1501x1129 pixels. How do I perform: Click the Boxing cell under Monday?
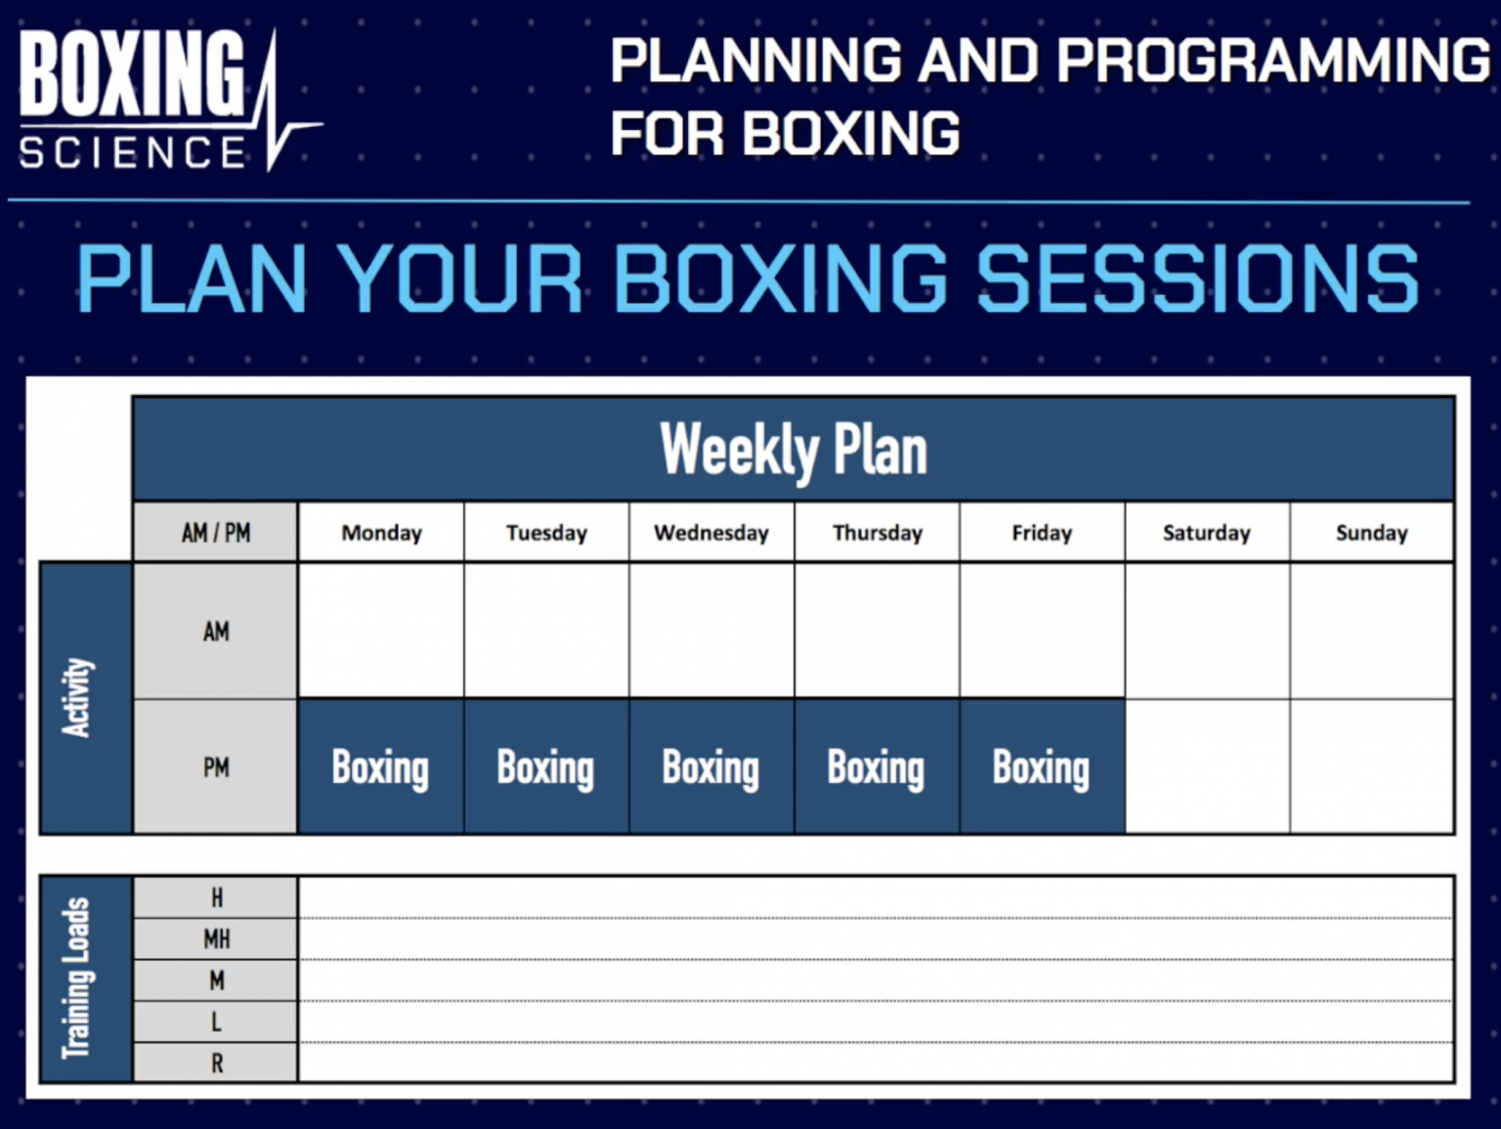pyautogui.click(x=380, y=767)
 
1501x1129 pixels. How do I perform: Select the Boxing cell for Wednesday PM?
pyautogui.click(x=710, y=767)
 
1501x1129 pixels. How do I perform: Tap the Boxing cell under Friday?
pyautogui.click(x=1041, y=767)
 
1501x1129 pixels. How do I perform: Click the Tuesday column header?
pyautogui.click(x=546, y=533)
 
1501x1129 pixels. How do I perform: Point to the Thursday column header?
pyautogui.click(x=877, y=533)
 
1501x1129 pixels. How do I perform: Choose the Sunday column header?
pyautogui.click(x=1371, y=533)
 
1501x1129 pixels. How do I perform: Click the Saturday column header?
pyautogui.click(x=1206, y=533)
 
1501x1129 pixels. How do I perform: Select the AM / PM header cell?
pyautogui.click(x=216, y=533)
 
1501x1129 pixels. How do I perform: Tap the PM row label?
pyautogui.click(x=216, y=767)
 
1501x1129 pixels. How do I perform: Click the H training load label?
pyautogui.click(x=216, y=897)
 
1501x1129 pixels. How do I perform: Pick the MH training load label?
pyautogui.click(x=216, y=939)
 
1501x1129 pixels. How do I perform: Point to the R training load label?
pyautogui.click(x=216, y=1063)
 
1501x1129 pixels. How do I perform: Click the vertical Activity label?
pyautogui.click(x=78, y=697)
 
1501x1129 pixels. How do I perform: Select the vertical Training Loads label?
pyautogui.click(x=78, y=977)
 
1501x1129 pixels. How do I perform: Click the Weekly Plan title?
pyautogui.click(x=793, y=451)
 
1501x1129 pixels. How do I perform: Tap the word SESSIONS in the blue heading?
pyautogui.click(x=1197, y=280)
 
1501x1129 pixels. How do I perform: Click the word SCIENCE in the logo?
pyautogui.click(x=133, y=153)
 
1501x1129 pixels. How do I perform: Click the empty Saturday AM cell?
pyautogui.click(x=1206, y=631)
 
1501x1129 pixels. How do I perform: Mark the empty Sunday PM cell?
pyautogui.click(x=1371, y=767)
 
